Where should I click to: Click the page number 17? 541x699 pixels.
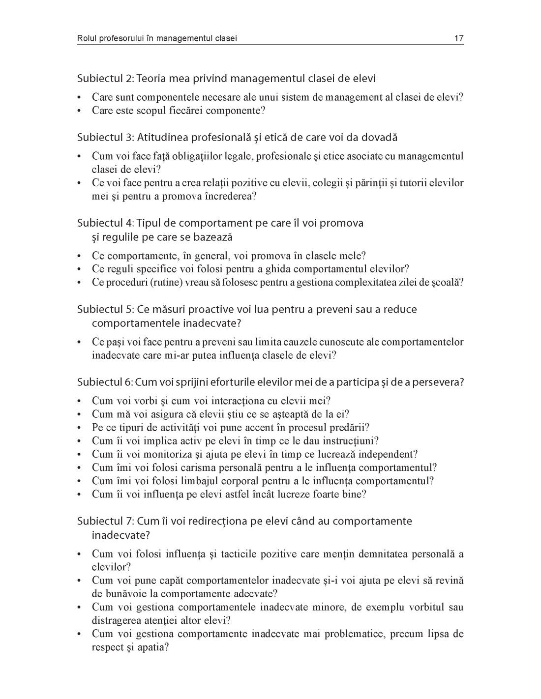(x=458, y=38)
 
